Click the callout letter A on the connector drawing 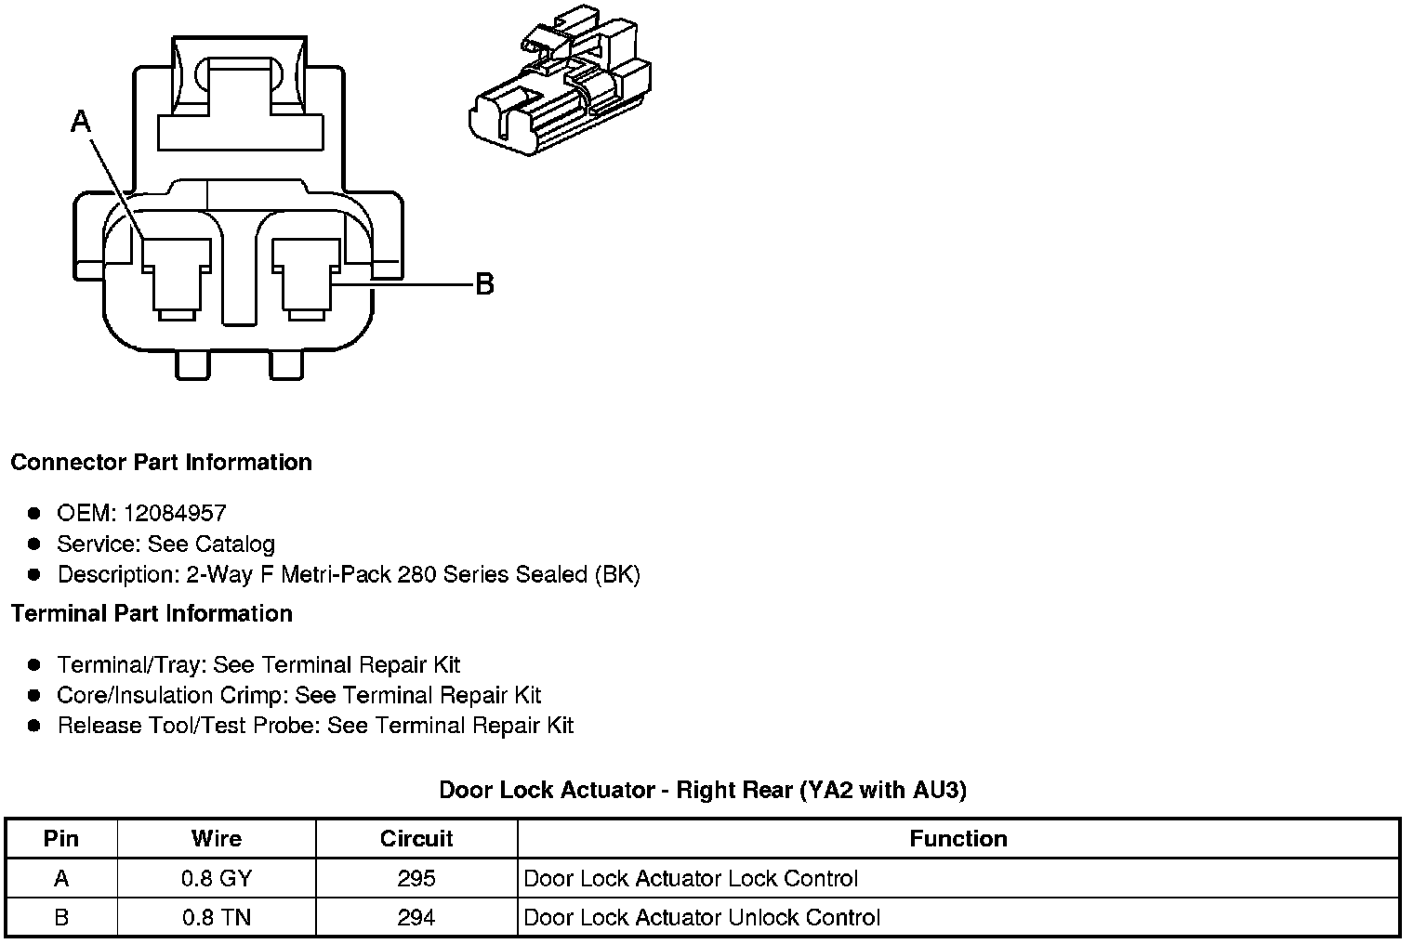(82, 122)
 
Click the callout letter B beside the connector (484, 283)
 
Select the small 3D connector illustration (560, 87)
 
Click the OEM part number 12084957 (175, 513)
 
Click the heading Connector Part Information (161, 463)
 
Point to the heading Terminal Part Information (152, 613)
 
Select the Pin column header (61, 839)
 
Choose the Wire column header (217, 839)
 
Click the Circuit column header (416, 839)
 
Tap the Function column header (958, 839)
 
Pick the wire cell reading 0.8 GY (217, 879)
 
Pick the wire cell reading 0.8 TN (217, 918)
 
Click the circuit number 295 (416, 879)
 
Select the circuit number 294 (416, 918)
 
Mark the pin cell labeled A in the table (61, 879)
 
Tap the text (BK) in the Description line (617, 574)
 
